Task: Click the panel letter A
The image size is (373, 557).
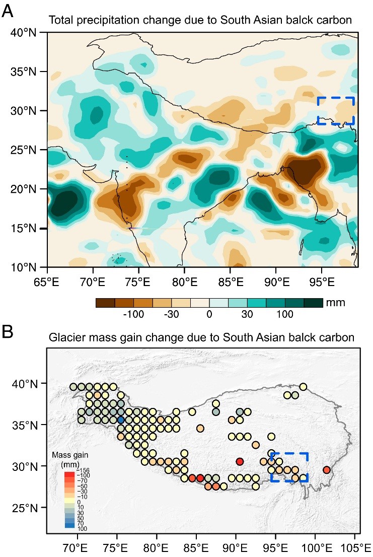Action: [x=8, y=11]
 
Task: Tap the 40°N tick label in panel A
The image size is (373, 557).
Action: [x=24, y=33]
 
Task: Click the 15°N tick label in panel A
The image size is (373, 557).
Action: [x=24, y=228]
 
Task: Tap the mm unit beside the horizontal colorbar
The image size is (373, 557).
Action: [x=335, y=302]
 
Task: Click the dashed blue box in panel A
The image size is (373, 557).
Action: [x=336, y=110]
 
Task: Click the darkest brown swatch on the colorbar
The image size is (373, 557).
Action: [x=105, y=303]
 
